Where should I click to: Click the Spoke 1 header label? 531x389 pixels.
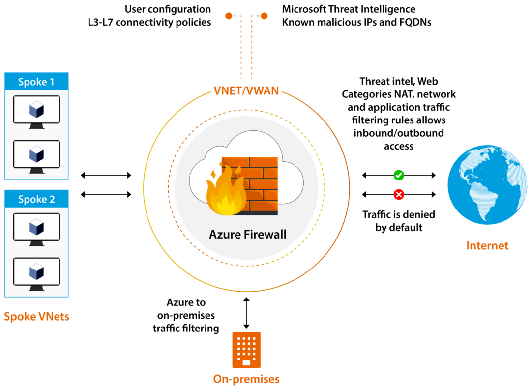coord(36,82)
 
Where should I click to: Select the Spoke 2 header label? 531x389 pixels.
coord(36,199)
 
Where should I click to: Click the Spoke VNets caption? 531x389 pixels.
coord(36,317)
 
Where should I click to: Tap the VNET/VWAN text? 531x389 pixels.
coord(246,91)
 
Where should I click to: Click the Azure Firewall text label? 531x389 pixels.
coord(247,234)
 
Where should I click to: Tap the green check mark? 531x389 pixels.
coord(399,175)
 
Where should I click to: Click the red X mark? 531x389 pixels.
coord(399,195)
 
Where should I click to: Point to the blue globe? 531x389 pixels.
coord(487,185)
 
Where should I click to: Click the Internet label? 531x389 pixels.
coord(487,246)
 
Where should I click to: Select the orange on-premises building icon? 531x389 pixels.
coord(246,350)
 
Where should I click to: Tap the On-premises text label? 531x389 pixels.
coord(246,379)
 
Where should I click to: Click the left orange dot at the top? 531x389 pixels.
coord(228,16)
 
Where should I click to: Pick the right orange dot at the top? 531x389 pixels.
coord(265,16)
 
